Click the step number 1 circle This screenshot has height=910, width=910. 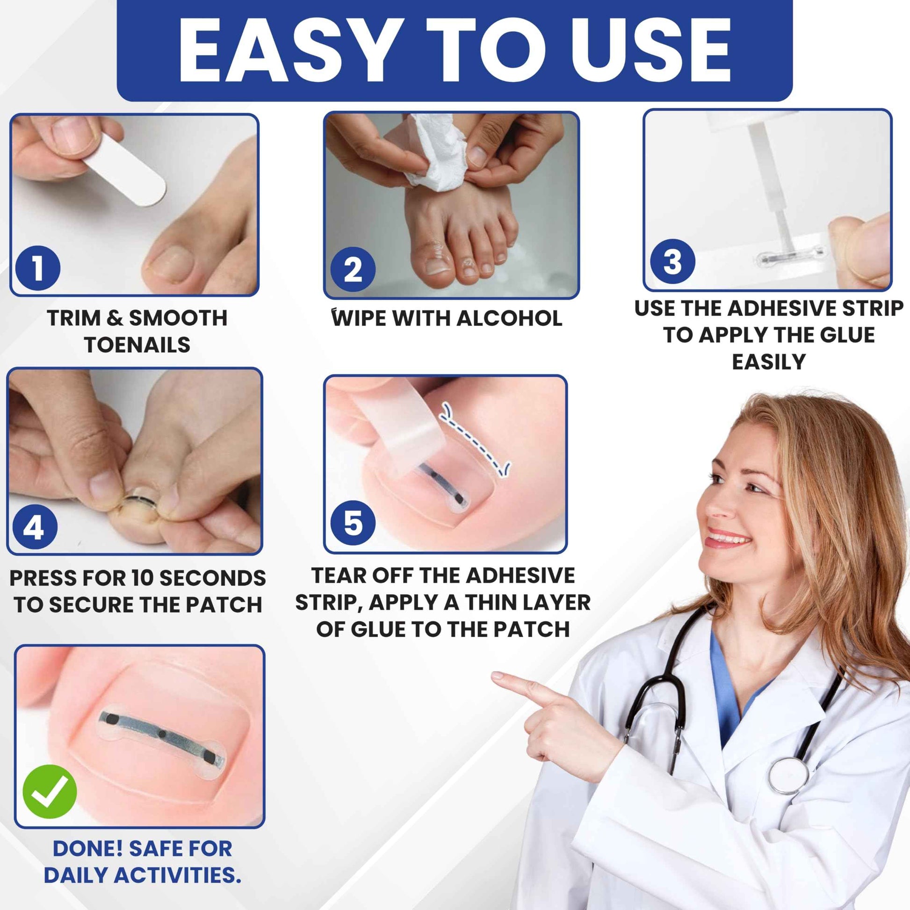tap(38, 268)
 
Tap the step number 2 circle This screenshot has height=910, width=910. tap(353, 270)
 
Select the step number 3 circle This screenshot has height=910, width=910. tap(672, 261)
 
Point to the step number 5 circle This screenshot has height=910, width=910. tap(353, 523)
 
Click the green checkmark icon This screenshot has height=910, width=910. tap(50, 791)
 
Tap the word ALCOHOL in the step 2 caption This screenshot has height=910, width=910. tap(509, 318)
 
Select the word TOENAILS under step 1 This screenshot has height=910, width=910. tap(137, 345)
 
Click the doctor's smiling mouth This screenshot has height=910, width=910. tap(728, 540)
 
